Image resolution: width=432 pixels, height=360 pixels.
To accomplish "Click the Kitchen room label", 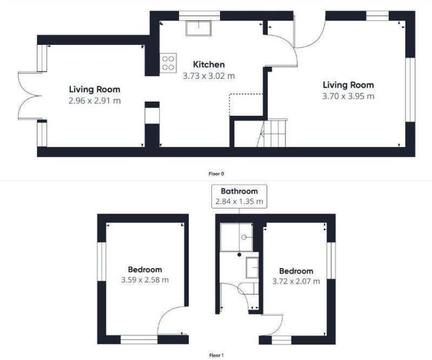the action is [x=209, y=64].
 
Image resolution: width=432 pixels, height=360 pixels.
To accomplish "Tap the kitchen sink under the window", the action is [x=198, y=28].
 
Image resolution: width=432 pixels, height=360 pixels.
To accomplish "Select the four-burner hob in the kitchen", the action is [x=168, y=63].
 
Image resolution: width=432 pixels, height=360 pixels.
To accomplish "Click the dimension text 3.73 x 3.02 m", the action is [x=209, y=76].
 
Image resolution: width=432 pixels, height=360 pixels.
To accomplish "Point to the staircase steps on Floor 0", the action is [x=274, y=134].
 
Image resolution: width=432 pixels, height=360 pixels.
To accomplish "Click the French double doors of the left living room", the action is [x=30, y=96].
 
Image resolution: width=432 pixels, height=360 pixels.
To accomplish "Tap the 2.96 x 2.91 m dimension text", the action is [x=95, y=101].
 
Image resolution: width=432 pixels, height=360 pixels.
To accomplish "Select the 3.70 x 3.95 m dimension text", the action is [x=348, y=96].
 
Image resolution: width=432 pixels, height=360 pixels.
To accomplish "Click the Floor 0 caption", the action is [x=216, y=174].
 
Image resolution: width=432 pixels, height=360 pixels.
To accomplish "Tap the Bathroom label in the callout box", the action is [x=239, y=191].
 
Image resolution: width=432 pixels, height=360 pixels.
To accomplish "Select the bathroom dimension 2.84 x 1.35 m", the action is [x=239, y=202].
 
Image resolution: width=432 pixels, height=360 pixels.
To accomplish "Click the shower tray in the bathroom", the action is [x=237, y=237].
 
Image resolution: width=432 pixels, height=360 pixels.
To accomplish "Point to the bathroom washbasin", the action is [x=252, y=268].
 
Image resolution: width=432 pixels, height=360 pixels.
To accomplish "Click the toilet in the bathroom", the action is [x=249, y=288].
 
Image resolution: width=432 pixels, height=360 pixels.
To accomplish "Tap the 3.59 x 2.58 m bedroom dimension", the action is [x=145, y=280].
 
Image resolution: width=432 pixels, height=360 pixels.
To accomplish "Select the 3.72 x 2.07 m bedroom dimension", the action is [x=296, y=282].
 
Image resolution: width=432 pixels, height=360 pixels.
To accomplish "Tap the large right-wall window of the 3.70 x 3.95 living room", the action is [x=410, y=90].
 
